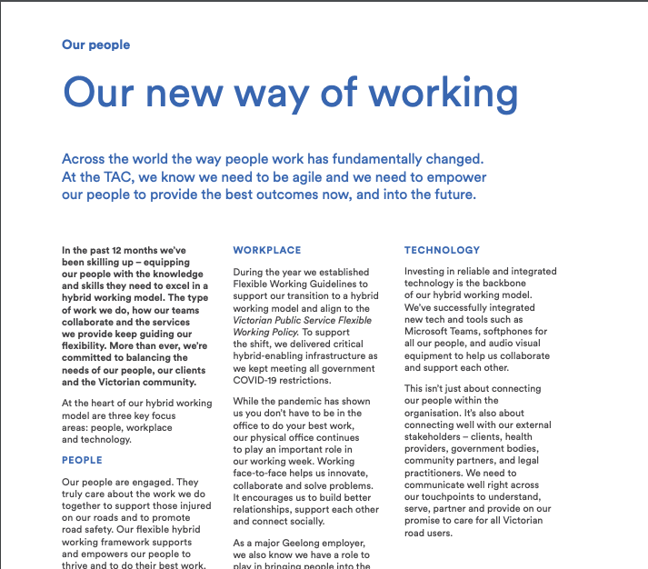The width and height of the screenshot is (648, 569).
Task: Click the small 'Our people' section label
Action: (95, 45)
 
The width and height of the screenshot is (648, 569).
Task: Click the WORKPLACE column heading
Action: (267, 250)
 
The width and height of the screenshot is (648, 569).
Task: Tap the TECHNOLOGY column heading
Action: (443, 250)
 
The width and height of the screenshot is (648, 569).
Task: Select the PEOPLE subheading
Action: (82, 460)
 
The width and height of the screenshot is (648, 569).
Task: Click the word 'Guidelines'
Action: (336, 284)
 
